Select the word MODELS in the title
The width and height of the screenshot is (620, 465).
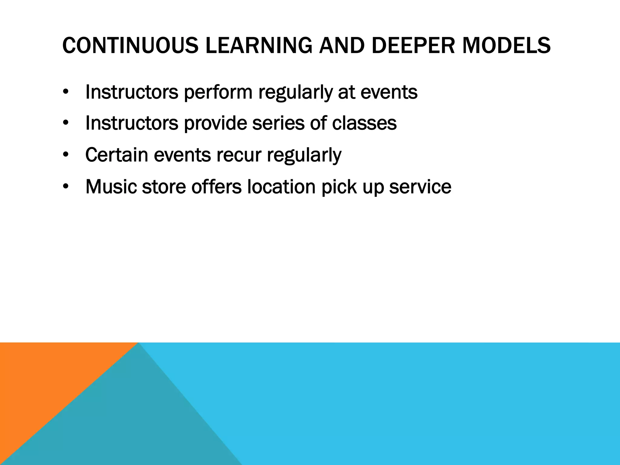coord(506,45)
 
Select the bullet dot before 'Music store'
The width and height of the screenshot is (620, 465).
coord(66,187)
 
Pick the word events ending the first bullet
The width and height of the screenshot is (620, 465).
coord(389,92)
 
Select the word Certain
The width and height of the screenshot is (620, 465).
coord(116,155)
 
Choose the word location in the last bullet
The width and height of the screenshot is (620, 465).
coord(282,187)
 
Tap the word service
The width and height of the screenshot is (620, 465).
coord(420,187)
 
